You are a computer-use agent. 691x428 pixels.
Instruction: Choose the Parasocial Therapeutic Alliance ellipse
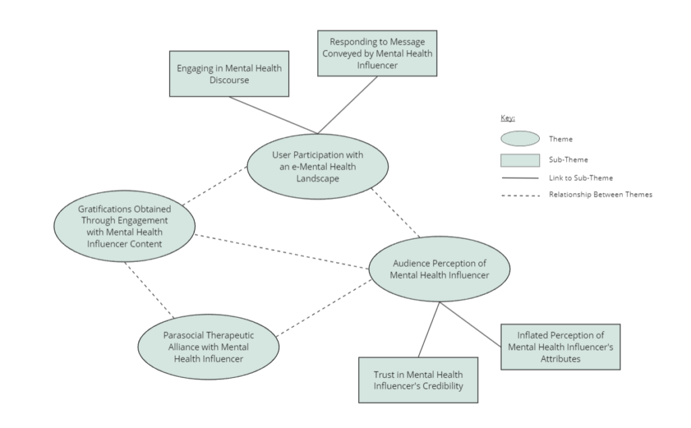tap(208, 346)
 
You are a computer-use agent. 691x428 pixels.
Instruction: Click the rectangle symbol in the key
tap(520, 160)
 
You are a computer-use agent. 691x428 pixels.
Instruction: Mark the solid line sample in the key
tap(520, 179)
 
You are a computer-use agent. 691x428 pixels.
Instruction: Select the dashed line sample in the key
tap(520, 195)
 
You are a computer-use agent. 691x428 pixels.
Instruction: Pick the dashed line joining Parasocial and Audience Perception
tap(324, 307)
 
